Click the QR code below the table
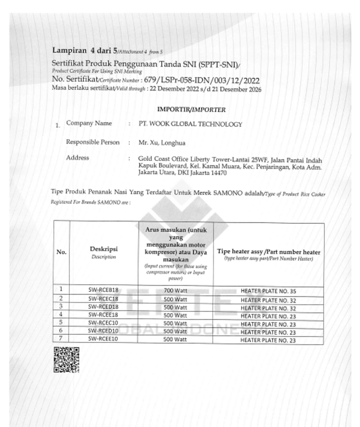point(66,360)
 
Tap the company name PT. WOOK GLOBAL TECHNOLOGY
point(191,124)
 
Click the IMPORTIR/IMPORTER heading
point(191,109)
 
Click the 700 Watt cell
point(175,291)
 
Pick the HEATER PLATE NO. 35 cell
point(268,291)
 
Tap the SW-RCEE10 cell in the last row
point(103,340)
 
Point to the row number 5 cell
point(61,323)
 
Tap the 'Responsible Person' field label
point(93,142)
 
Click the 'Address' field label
point(77,158)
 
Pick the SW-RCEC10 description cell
point(103,323)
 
